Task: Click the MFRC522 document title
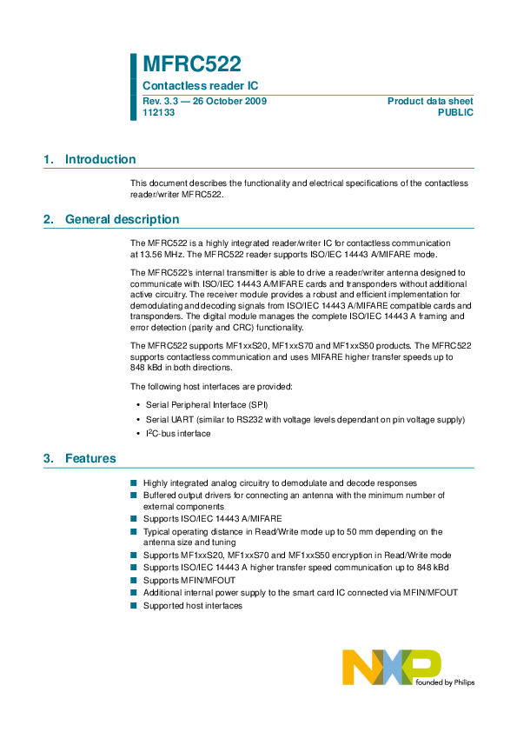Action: [191, 64]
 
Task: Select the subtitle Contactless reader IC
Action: [200, 86]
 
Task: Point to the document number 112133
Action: [158, 113]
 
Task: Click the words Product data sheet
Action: [430, 102]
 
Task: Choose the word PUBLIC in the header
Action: [456, 113]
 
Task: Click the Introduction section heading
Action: [100, 159]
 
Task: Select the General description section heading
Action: [122, 219]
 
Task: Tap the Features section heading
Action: [90, 458]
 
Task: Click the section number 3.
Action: [48, 458]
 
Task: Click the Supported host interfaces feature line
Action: [193, 605]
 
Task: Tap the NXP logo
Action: [391, 668]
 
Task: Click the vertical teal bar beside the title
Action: [134, 86]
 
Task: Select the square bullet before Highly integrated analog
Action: [134, 482]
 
